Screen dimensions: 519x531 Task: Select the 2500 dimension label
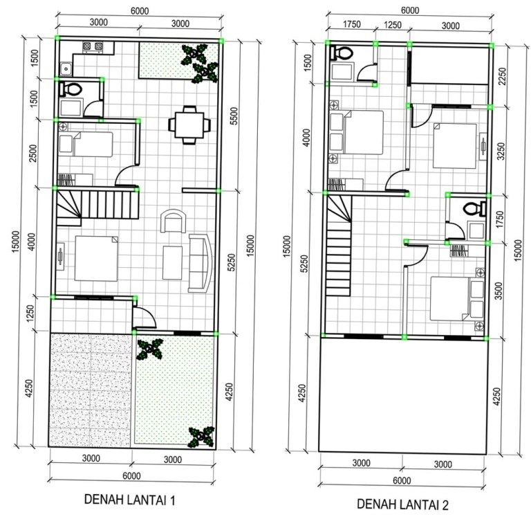coord(32,153)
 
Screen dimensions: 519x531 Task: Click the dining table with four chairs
coord(189,125)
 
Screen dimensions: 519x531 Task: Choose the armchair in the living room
coord(173,221)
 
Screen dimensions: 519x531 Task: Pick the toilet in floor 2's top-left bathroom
coord(342,53)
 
